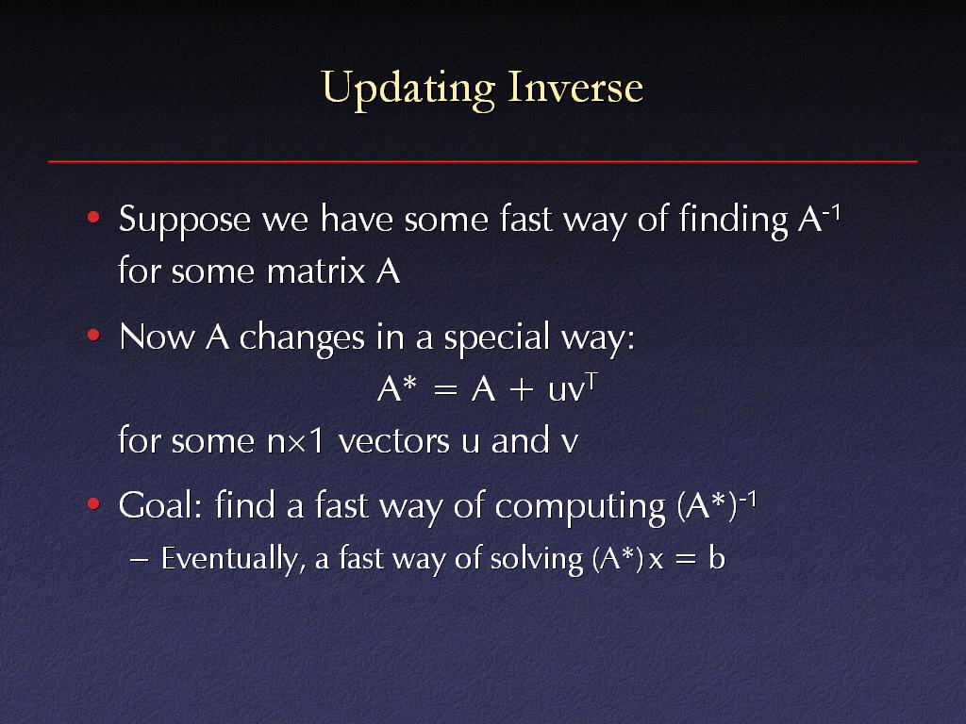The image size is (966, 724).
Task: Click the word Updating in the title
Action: click(408, 90)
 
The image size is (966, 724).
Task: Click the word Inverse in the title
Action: click(575, 87)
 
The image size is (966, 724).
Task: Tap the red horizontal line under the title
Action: click(482, 161)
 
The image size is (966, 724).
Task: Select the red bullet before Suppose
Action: click(93, 218)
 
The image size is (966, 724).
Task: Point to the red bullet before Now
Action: click(93, 336)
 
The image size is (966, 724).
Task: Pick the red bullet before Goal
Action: click(93, 504)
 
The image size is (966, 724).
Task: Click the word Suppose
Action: click(185, 222)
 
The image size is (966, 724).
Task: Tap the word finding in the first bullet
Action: click(733, 221)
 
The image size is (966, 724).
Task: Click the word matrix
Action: click(316, 271)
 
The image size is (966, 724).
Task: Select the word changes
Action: click(302, 338)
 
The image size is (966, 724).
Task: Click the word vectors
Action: click(394, 441)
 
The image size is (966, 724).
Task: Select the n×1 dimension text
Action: click(295, 441)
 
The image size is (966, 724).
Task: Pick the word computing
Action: click(580, 508)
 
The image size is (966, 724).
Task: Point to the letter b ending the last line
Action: click(717, 558)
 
